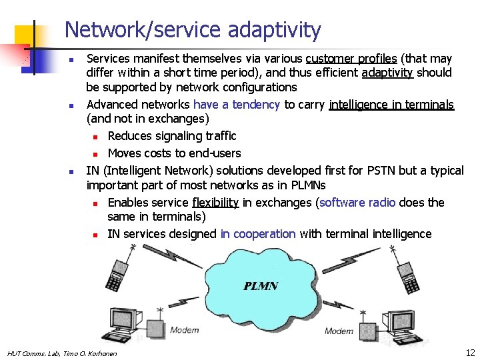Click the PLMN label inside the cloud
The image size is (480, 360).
tap(261, 286)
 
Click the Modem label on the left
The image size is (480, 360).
tap(184, 330)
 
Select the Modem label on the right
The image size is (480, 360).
tap(339, 331)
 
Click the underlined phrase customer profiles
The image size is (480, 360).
tap(351, 59)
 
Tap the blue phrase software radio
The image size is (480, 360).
tap(357, 202)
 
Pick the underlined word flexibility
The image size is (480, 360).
tap(215, 202)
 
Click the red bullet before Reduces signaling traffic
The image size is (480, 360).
tap(96, 137)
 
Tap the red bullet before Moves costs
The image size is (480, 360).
tap(96, 154)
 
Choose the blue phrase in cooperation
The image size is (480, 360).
tap(258, 233)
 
